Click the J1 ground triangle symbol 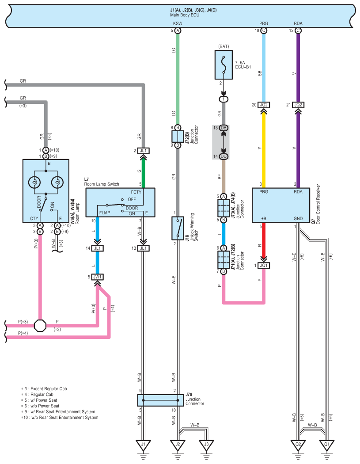(143, 445)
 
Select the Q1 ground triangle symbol (326, 445)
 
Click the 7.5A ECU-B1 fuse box (224, 65)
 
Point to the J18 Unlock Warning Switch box (178, 228)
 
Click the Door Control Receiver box (281, 205)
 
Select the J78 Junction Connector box (160, 400)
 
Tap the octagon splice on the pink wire (40, 326)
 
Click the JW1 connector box (97, 277)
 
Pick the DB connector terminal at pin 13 (224, 128)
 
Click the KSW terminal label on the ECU (178, 23)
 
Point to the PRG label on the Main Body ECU (264, 23)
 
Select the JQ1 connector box (264, 266)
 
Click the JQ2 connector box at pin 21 (298, 105)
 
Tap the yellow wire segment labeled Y (264, 148)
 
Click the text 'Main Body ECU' (185, 15)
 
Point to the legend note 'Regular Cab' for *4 (42, 395)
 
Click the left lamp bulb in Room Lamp (34, 183)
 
